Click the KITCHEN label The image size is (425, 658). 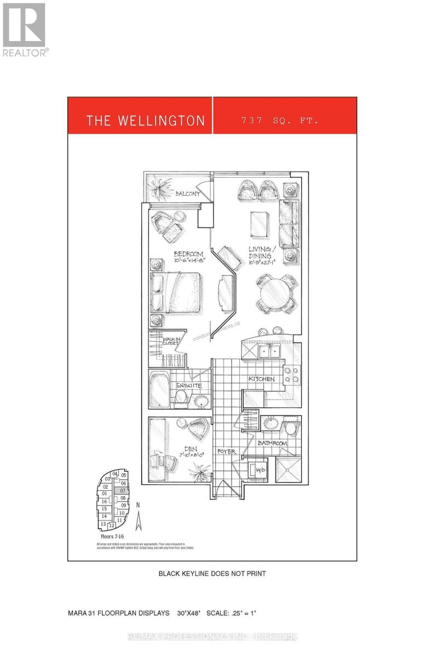(x=262, y=379)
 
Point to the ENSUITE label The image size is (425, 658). (x=189, y=385)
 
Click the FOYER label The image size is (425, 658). (x=226, y=451)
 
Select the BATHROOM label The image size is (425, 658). (x=273, y=443)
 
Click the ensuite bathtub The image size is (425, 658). (x=159, y=388)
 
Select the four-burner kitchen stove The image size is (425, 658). (x=291, y=373)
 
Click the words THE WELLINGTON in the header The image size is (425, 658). (x=145, y=121)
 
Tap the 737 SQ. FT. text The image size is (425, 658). (x=279, y=120)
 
